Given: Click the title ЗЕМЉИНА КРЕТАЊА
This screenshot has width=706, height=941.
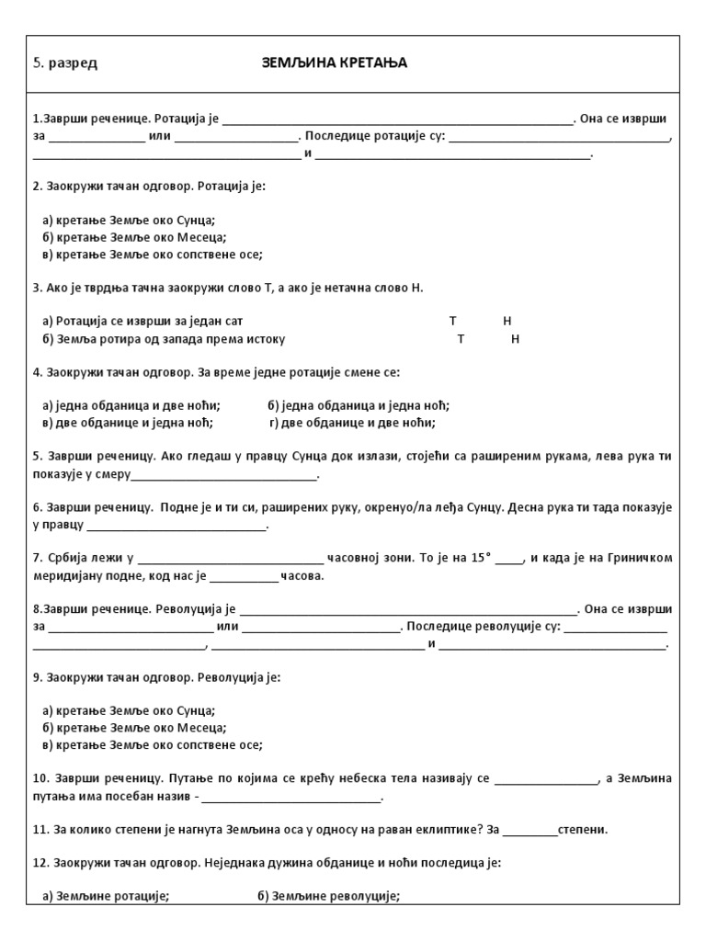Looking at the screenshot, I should point(334,62).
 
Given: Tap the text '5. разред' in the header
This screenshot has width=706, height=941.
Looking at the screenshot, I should point(65,63).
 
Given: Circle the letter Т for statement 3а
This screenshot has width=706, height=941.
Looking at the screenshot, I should point(452,321).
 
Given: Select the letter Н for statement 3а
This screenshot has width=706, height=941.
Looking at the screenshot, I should point(507,321).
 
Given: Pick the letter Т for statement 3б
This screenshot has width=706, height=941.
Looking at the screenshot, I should point(461,339).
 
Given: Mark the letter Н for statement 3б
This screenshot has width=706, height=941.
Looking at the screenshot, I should point(515,339).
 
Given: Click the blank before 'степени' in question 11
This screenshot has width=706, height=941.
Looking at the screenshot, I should point(530,830).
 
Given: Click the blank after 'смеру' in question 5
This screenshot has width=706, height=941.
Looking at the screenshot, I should point(224,475).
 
